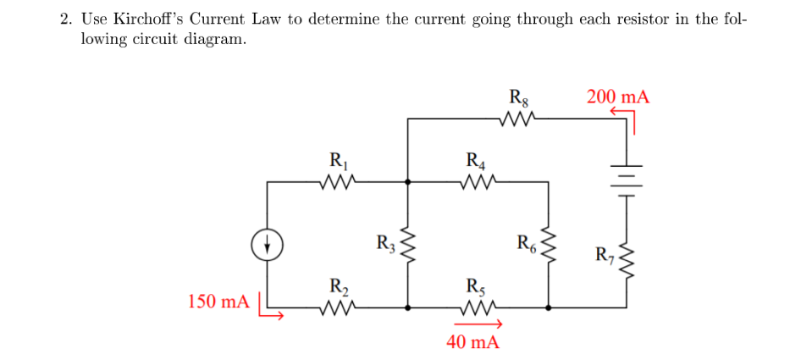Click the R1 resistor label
pos(337,158)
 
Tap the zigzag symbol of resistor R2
pos(337,308)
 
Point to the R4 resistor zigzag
pos(478,180)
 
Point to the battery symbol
pos(627,176)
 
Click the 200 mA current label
pos(617,97)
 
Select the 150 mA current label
pos(218,302)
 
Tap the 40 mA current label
pos(472,342)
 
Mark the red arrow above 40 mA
pos(479,324)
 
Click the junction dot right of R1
pos(408,180)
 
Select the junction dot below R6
pos(550,308)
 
